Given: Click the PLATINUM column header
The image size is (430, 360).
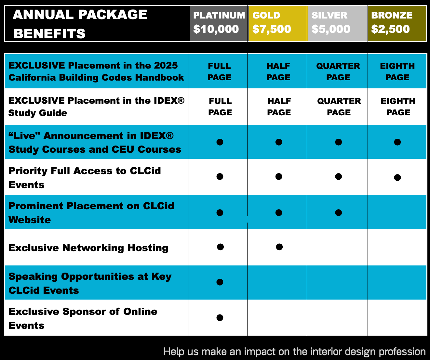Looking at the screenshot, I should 219,23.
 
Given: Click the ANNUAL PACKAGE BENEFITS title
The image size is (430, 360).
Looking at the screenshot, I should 80,24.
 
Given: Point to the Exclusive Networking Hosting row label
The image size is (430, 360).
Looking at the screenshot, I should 88,248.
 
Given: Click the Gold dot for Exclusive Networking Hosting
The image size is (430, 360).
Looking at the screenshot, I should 279,247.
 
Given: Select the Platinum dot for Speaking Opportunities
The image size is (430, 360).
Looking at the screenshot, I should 220,282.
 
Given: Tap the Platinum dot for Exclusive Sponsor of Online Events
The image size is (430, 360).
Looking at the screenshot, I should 220,317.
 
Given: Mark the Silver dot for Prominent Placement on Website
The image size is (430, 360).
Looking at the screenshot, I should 339,212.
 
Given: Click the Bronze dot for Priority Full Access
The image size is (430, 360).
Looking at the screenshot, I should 397,177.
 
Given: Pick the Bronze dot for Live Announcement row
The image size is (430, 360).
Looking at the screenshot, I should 397,142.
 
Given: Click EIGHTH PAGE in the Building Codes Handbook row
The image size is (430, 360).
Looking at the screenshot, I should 397,72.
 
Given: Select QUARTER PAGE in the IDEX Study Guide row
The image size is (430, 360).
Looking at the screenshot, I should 339,107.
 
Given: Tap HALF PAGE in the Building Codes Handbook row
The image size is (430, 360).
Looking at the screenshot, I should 278,72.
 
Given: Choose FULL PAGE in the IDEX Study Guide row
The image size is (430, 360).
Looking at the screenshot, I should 220,107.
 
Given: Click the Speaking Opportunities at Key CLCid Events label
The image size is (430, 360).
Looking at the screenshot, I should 90,283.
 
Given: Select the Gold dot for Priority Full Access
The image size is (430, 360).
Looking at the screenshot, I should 279,176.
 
